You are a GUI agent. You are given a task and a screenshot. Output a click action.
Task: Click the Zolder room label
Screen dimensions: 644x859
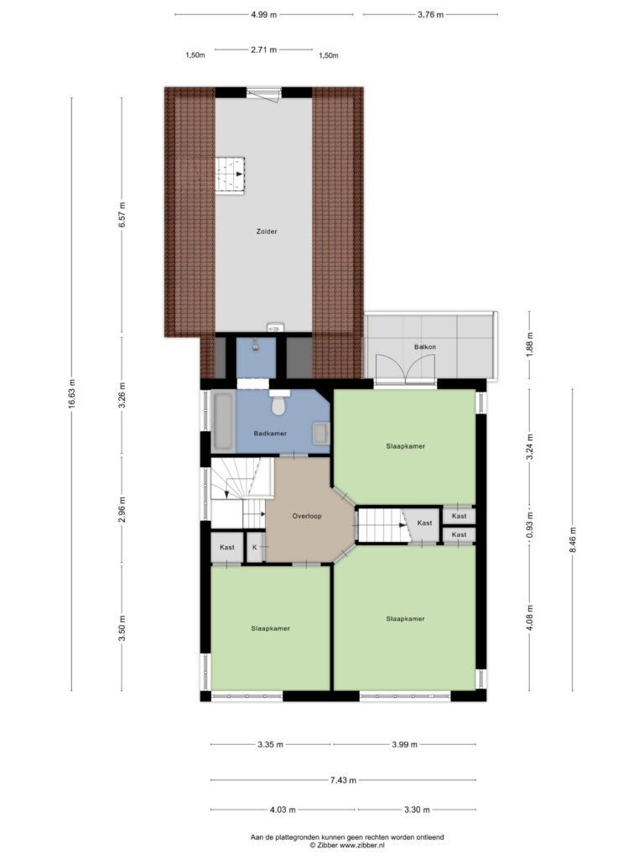pos(267,232)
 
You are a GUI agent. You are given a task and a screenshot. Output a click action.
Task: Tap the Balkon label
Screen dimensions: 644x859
pos(425,346)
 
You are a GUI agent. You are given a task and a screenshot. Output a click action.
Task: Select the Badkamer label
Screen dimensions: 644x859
pos(270,434)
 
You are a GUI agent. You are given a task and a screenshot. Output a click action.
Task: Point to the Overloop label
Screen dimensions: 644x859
pos(307,516)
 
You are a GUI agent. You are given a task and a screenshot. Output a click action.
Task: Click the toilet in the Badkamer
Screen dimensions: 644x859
pos(279,403)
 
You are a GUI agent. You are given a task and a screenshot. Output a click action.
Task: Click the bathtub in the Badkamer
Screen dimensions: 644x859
pos(223,421)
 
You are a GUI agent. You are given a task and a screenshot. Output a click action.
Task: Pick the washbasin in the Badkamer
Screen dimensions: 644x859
pos(320,434)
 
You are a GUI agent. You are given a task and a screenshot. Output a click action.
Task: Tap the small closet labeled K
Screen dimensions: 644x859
pos(255,547)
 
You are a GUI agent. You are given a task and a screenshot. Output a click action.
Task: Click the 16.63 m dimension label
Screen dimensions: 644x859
pos(72,394)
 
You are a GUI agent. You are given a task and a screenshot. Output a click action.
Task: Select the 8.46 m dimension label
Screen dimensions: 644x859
pos(573,539)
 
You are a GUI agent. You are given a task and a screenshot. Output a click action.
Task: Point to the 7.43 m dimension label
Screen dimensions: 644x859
pos(343,780)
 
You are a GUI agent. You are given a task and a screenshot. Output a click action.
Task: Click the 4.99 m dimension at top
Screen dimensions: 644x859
pos(264,15)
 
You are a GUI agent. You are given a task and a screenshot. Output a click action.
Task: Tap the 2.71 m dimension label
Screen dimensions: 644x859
pos(264,49)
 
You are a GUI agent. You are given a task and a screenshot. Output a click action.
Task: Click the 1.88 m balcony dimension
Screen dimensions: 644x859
pos(530,345)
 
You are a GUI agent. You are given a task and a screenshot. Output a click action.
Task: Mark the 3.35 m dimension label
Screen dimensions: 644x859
pos(271,745)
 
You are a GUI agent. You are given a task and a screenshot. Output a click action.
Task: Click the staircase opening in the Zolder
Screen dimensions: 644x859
pos(230,175)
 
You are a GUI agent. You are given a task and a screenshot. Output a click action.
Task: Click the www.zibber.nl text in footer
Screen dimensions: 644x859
pos(362,846)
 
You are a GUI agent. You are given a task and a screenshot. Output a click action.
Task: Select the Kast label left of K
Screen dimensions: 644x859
pos(227,547)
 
